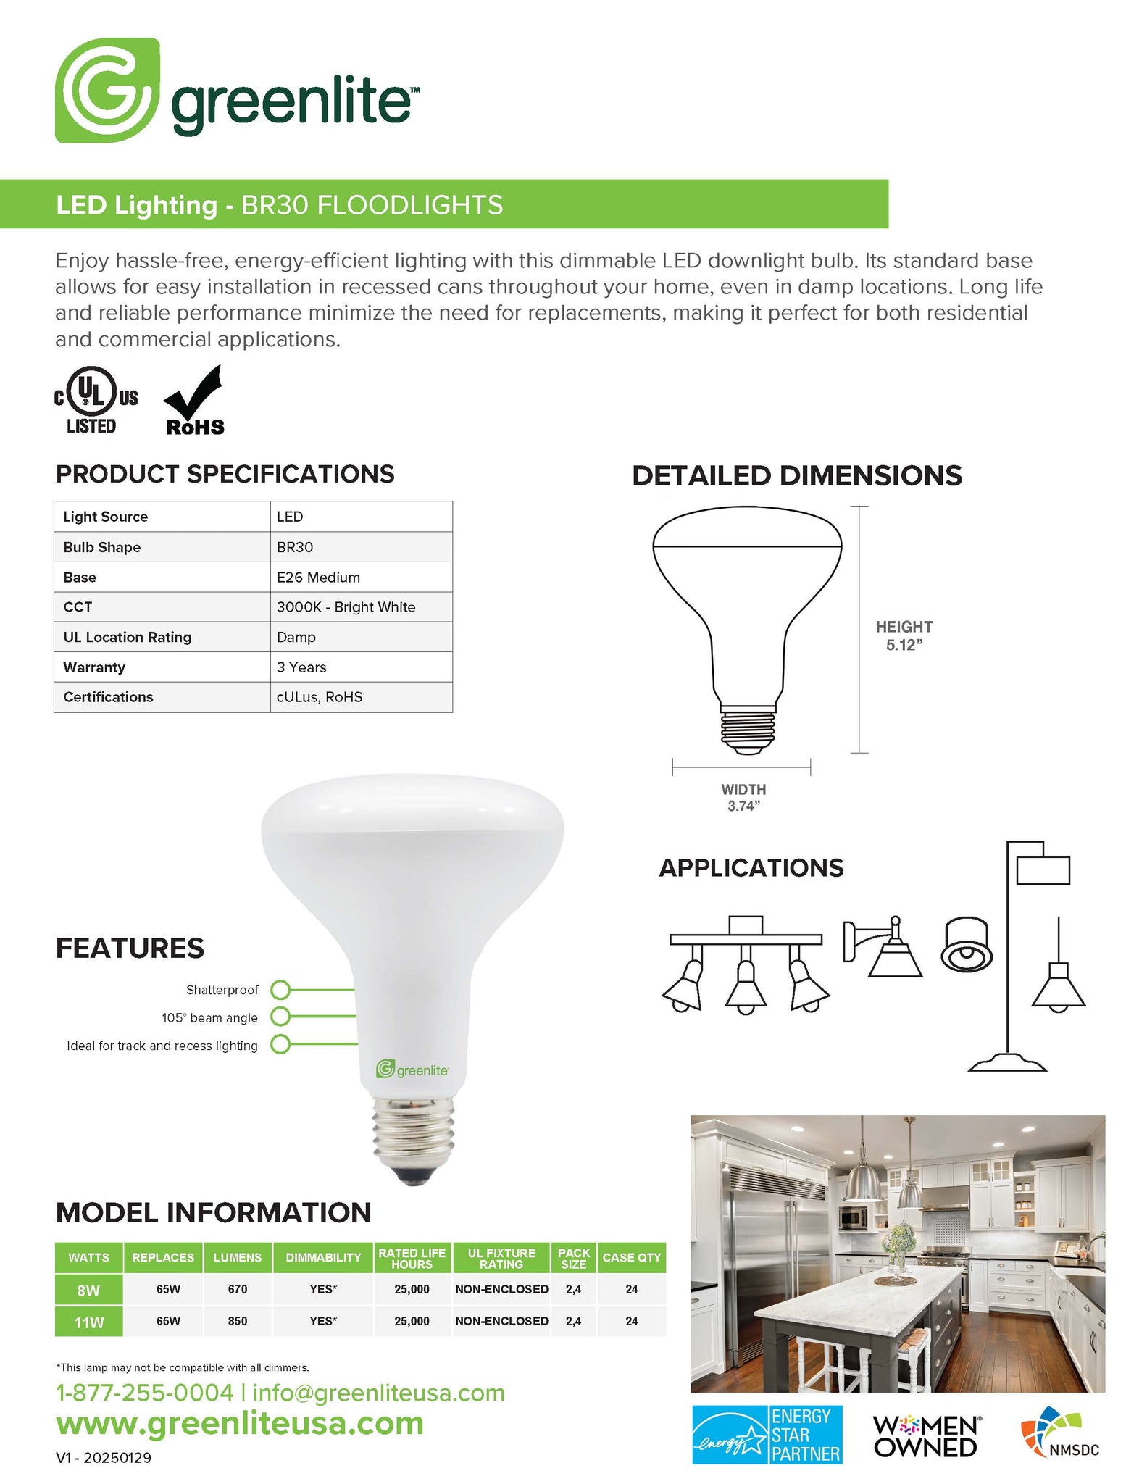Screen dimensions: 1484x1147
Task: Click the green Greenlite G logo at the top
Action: tap(107, 91)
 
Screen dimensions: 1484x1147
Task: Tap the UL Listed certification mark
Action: tap(96, 401)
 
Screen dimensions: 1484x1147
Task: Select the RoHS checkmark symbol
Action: tap(194, 401)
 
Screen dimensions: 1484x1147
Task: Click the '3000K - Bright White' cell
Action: tap(346, 607)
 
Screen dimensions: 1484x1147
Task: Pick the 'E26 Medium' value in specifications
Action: tap(318, 578)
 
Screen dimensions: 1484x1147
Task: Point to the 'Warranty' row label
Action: tap(94, 667)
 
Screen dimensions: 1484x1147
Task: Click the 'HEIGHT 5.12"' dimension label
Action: tap(904, 635)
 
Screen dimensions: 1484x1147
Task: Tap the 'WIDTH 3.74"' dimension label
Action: tap(743, 797)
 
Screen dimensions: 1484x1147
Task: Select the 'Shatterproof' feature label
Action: tap(222, 990)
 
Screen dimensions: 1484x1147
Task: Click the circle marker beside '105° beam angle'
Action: tap(280, 1017)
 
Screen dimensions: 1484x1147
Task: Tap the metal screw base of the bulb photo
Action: tap(413, 1133)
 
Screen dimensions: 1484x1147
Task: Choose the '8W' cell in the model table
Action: tap(88, 1290)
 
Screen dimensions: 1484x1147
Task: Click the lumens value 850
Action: tap(238, 1321)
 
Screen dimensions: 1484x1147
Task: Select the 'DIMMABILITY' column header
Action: tap(323, 1258)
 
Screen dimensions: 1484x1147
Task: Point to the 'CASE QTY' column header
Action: tap(631, 1258)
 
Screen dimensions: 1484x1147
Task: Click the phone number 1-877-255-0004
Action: tap(145, 1393)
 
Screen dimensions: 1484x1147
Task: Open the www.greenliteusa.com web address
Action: tap(239, 1424)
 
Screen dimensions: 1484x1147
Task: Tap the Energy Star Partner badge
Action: tap(767, 1435)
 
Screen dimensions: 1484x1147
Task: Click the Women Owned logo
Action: tap(926, 1436)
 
